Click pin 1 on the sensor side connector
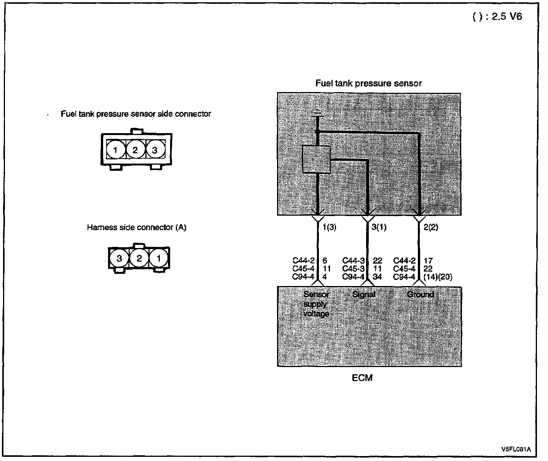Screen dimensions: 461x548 point(115,150)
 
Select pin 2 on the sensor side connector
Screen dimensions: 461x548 point(135,150)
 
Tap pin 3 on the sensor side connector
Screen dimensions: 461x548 point(155,150)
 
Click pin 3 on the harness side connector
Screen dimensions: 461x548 point(119,259)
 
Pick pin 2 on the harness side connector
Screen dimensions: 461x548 point(139,259)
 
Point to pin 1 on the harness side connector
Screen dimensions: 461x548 point(159,259)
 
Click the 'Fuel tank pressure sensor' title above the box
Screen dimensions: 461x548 point(368,83)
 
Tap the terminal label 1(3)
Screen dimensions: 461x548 point(329,228)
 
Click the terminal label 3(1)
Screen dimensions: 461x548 point(379,228)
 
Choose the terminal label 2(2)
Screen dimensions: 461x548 point(430,228)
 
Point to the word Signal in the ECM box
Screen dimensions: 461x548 point(364,294)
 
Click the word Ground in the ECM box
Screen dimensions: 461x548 point(421,294)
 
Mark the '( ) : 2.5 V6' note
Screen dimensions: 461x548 point(497,17)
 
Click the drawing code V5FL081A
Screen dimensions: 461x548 point(516,449)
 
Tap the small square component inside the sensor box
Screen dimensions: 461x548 point(316,159)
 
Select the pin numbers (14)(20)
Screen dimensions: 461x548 point(438,277)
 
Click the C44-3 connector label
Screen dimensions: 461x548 point(354,261)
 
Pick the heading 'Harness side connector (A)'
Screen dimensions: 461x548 point(137,228)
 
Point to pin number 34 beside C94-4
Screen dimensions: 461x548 point(377,277)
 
